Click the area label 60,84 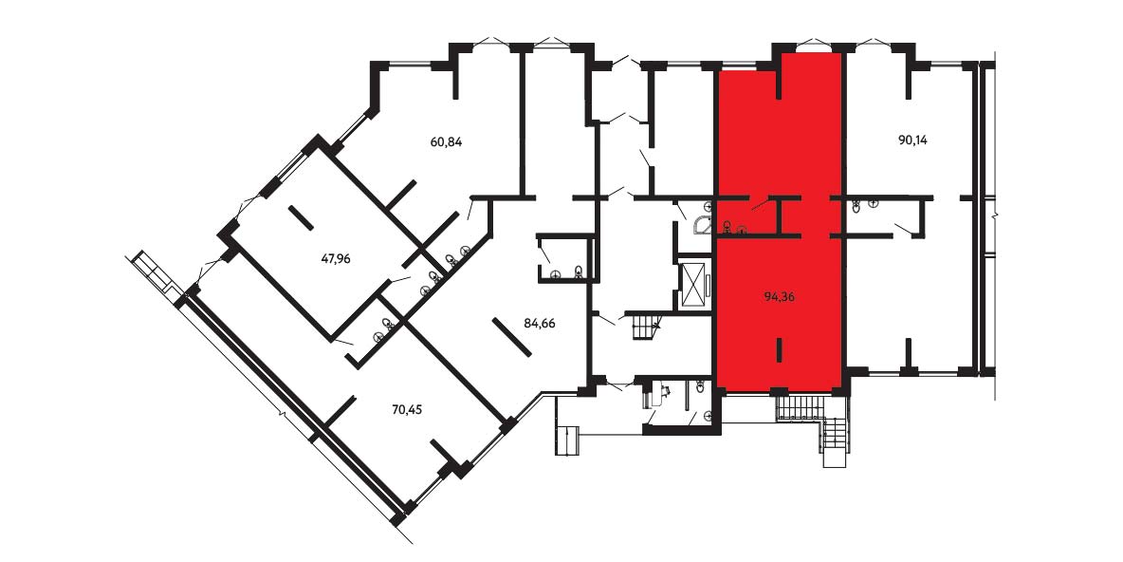pyautogui.click(x=446, y=142)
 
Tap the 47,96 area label pyautogui.click(x=335, y=259)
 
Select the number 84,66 pyautogui.click(x=540, y=323)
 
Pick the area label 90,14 pyautogui.click(x=912, y=140)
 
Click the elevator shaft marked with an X pyautogui.click(x=692, y=286)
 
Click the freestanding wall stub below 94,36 pyautogui.click(x=780, y=350)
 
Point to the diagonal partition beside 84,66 pyautogui.click(x=511, y=337)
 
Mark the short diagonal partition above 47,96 pyautogui.click(x=301, y=218)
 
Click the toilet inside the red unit pyautogui.click(x=727, y=227)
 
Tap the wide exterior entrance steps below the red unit pyautogui.click(x=802, y=408)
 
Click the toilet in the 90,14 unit pyautogui.click(x=857, y=207)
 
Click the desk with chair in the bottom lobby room pyautogui.click(x=656, y=393)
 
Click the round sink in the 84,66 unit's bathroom pyautogui.click(x=556, y=273)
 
